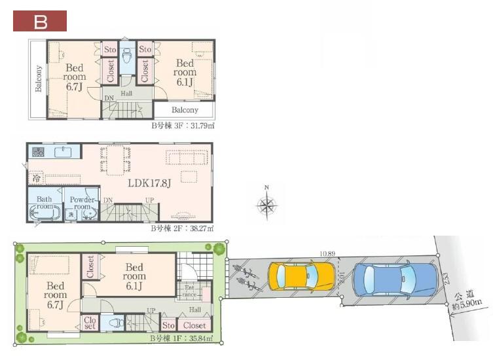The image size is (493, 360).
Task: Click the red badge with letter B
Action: point(40,21)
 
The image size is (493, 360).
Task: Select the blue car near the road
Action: point(394,279)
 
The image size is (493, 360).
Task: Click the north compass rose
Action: point(266,205)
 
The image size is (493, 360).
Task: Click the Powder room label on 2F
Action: point(82,203)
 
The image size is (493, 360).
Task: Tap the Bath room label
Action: point(45,202)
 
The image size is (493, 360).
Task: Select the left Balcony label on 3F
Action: point(39,79)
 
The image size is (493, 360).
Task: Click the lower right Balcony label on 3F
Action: point(185,110)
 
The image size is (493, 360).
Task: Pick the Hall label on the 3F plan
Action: point(126,94)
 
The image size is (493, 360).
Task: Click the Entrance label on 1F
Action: point(189,291)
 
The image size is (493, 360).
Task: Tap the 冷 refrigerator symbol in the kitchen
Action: point(32,176)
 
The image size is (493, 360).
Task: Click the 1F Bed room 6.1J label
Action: point(134,276)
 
